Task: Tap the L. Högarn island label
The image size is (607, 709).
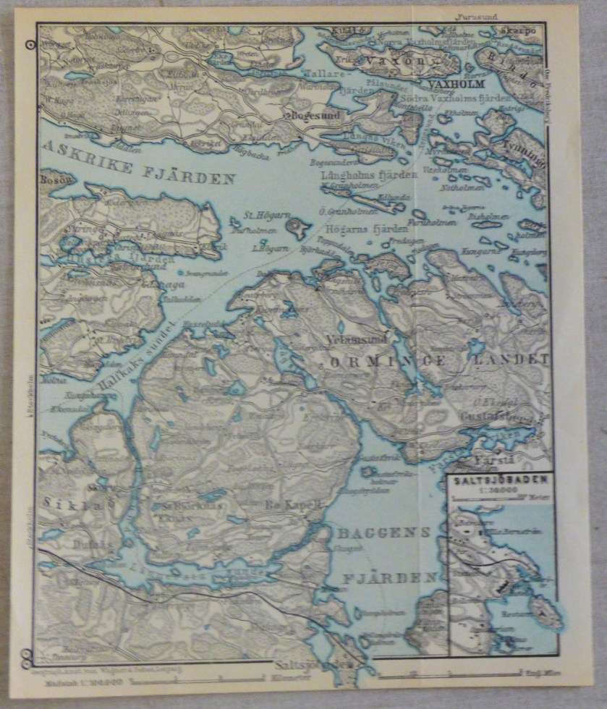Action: coord(266,248)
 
